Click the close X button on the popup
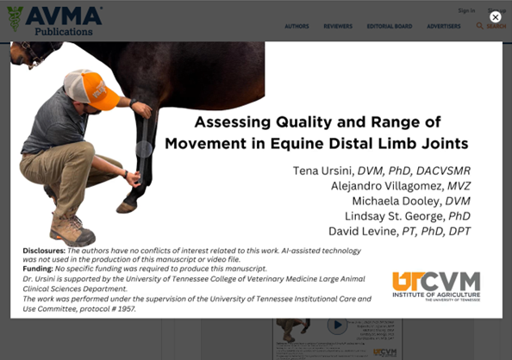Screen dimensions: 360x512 (495, 17)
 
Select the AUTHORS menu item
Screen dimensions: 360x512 (297, 27)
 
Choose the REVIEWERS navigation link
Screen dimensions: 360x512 (338, 27)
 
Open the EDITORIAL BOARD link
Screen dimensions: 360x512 (390, 27)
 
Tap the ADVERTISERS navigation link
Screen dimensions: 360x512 (443, 27)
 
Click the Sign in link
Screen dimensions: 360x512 (466, 11)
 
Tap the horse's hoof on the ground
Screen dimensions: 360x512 (127, 207)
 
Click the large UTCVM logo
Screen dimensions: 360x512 (435, 285)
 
